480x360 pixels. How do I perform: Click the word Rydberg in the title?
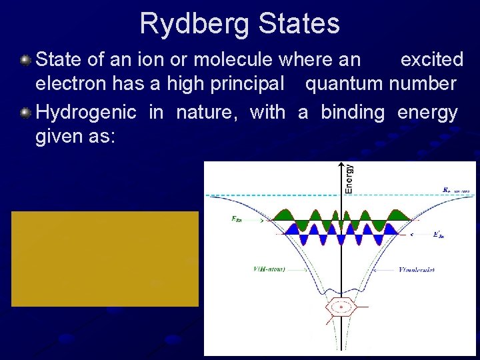point(195,24)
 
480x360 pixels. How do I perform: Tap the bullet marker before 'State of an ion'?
point(25,60)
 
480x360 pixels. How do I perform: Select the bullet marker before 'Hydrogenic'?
point(25,112)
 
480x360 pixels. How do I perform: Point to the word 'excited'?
point(431,60)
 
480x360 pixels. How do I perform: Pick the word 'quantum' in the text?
point(343,85)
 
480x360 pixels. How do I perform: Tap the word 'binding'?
point(353,112)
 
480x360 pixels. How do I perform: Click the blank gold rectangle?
point(105,258)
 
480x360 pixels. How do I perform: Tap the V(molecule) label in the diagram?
point(417,270)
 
